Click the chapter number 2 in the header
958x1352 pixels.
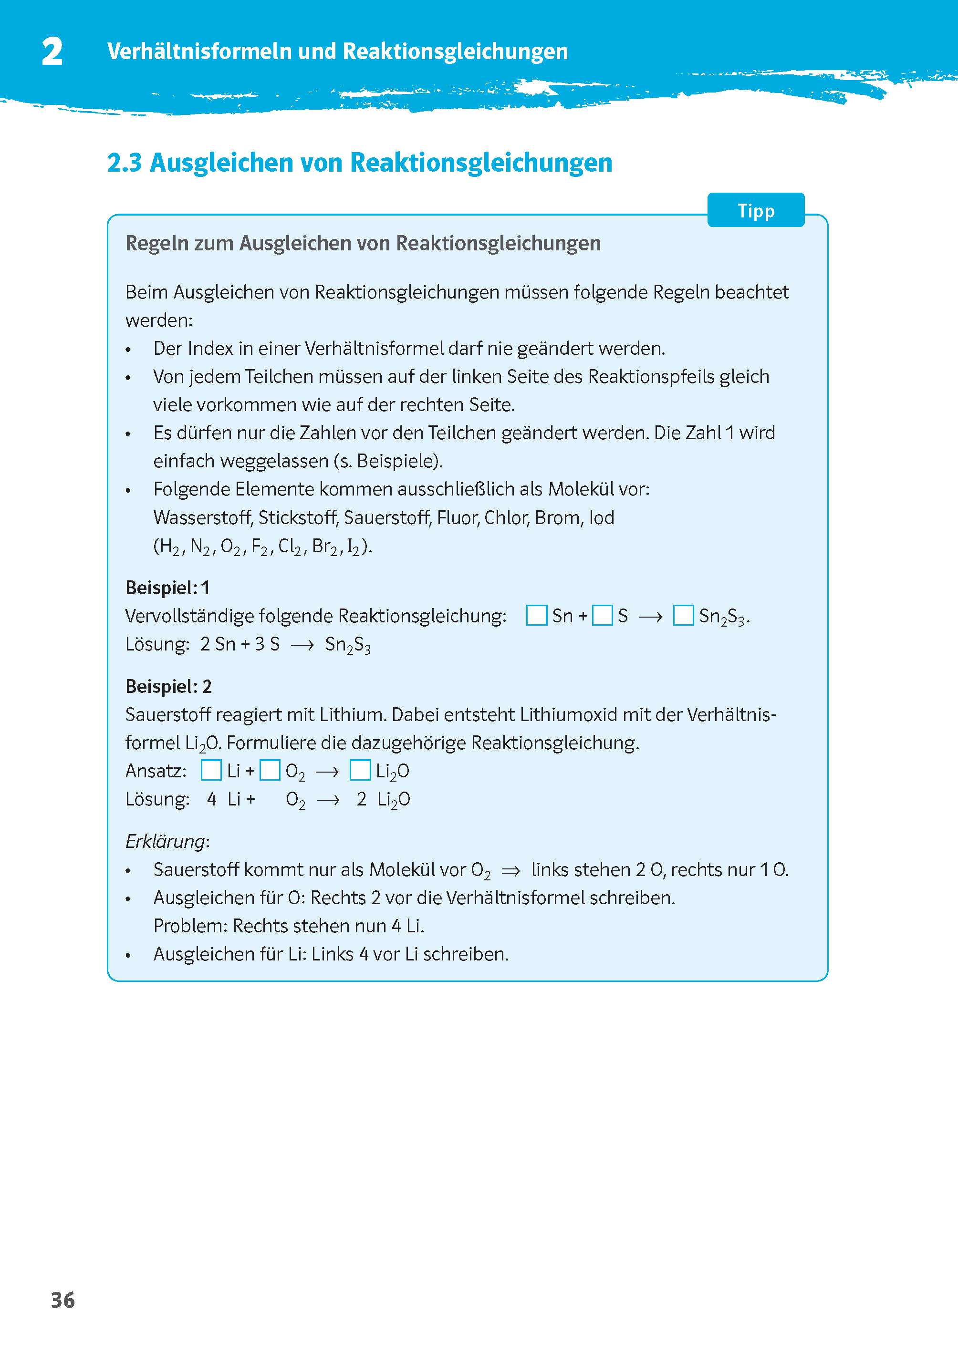pos(52,52)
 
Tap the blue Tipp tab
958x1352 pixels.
pos(755,210)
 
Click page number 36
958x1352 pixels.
pos(62,1300)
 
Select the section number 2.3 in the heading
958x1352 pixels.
pos(125,163)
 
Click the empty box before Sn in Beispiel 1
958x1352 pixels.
pos(536,615)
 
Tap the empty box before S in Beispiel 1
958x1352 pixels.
pos(602,615)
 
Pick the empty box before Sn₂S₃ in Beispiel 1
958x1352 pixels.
pos(683,615)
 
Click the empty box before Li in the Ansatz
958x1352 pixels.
pos(210,770)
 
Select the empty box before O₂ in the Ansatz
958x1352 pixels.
pos(270,770)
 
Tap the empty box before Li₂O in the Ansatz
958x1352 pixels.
pos(360,770)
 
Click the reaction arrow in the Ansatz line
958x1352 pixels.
pos(327,772)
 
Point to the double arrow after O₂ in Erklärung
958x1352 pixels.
pos(510,871)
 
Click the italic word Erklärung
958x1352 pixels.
pos(165,841)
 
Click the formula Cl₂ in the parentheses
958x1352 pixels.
pos(289,547)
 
